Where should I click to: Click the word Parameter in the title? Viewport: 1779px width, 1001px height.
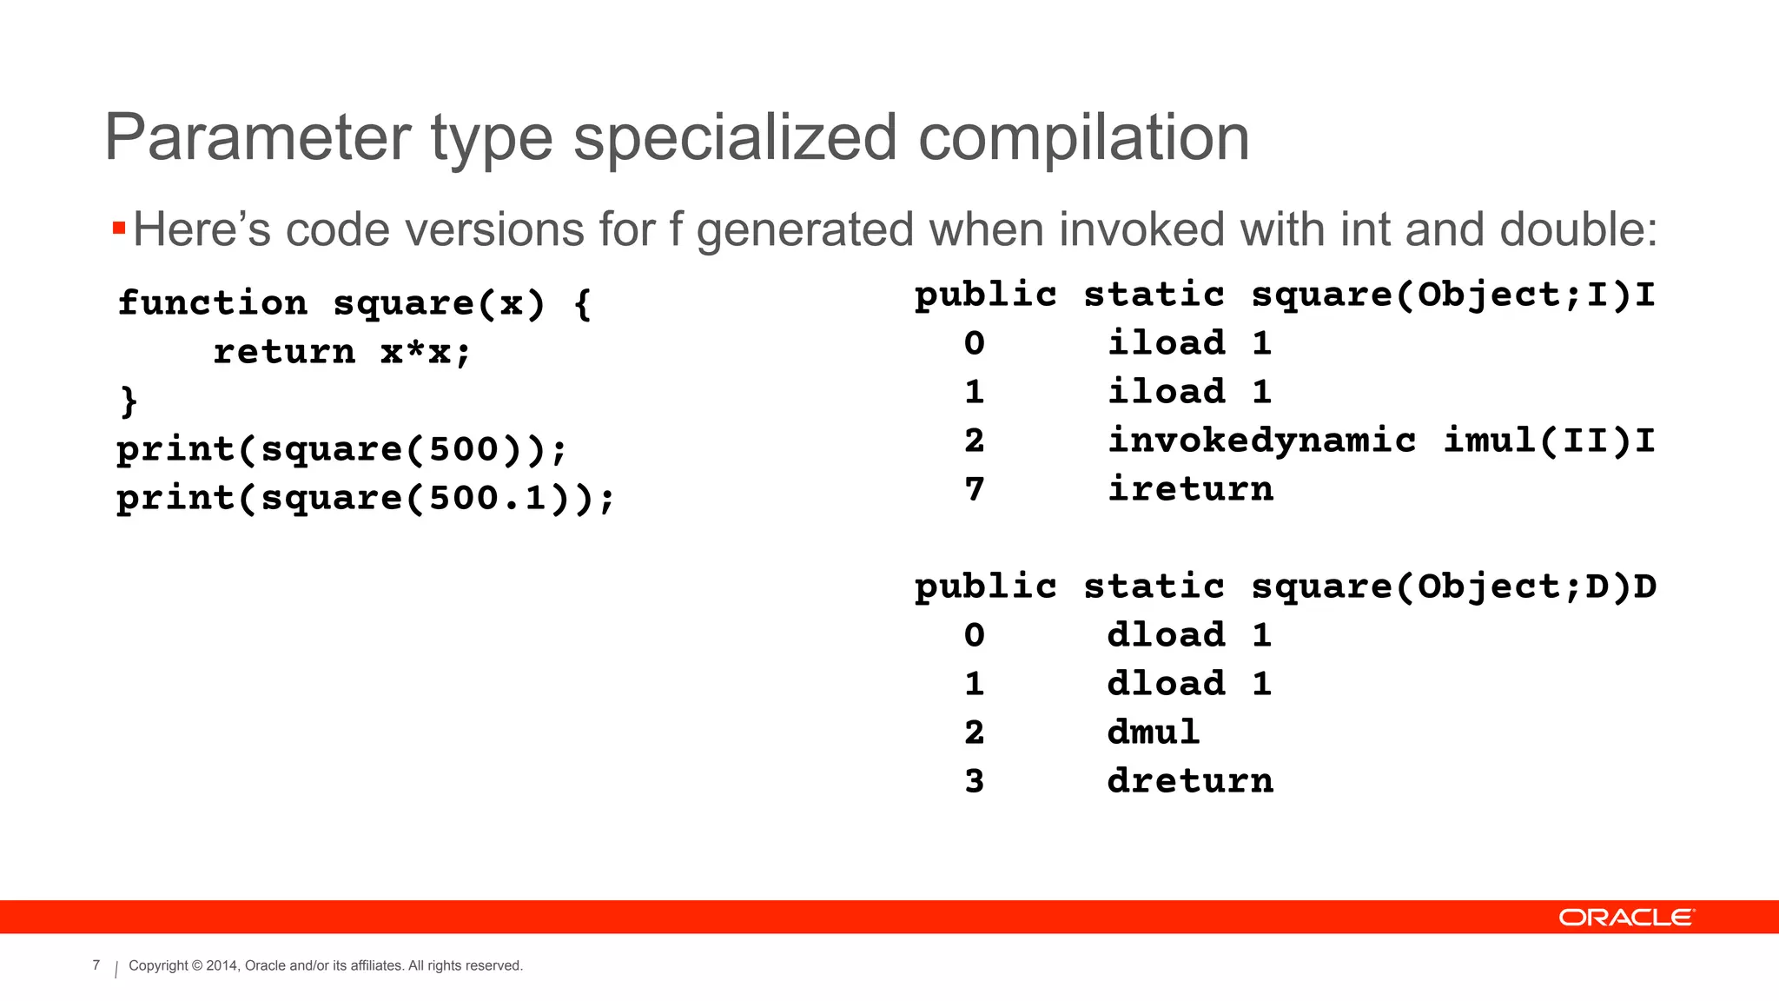[258, 138]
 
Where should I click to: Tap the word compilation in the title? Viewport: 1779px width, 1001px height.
[1083, 138]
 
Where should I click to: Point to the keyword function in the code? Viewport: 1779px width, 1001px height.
[213, 303]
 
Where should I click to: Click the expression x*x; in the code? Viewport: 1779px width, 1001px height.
[426, 352]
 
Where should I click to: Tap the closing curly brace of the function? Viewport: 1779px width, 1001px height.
[129, 401]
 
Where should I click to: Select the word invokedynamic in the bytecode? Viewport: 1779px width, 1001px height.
[1261, 441]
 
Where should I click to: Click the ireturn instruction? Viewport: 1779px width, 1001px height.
[1190, 489]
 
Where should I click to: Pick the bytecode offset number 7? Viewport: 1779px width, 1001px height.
[975, 489]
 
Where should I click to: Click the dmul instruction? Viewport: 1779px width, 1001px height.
[1154, 733]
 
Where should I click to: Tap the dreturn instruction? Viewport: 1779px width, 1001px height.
[1190, 781]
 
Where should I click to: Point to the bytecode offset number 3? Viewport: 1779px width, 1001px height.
[975, 781]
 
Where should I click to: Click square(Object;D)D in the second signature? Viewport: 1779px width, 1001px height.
[1453, 587]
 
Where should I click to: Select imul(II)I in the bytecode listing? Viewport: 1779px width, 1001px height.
[1549, 441]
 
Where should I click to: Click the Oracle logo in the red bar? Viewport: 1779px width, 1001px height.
[1625, 918]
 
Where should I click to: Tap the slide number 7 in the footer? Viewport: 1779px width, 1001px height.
[96, 965]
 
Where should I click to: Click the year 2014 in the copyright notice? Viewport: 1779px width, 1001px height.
[222, 965]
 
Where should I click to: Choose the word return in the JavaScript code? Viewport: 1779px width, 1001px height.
[284, 352]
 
